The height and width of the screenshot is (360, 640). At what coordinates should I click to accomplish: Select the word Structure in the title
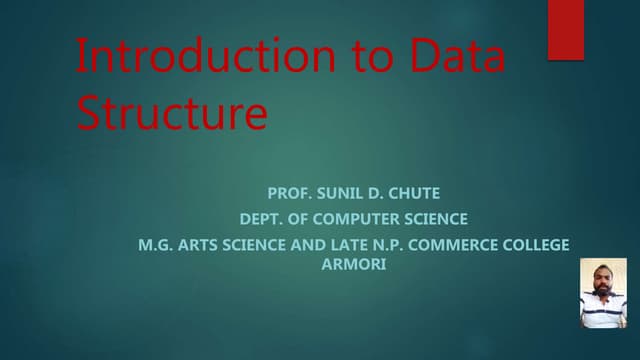(172, 114)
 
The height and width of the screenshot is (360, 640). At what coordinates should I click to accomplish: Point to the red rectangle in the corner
(565, 29)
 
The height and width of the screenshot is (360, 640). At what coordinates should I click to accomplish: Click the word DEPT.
(261, 218)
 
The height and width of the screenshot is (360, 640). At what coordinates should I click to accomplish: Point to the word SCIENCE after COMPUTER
(431, 218)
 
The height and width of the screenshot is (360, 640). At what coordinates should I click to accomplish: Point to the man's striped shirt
(603, 311)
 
